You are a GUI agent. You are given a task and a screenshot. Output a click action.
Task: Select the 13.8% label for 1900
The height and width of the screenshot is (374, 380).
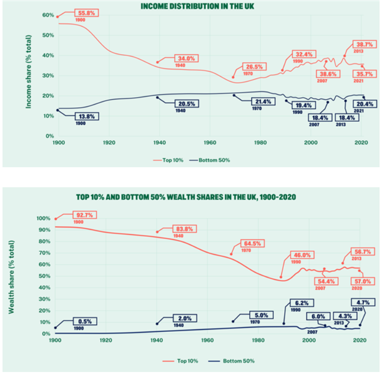tap(85, 116)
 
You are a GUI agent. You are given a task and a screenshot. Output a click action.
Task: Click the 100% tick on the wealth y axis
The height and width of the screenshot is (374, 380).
tap(45, 219)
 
